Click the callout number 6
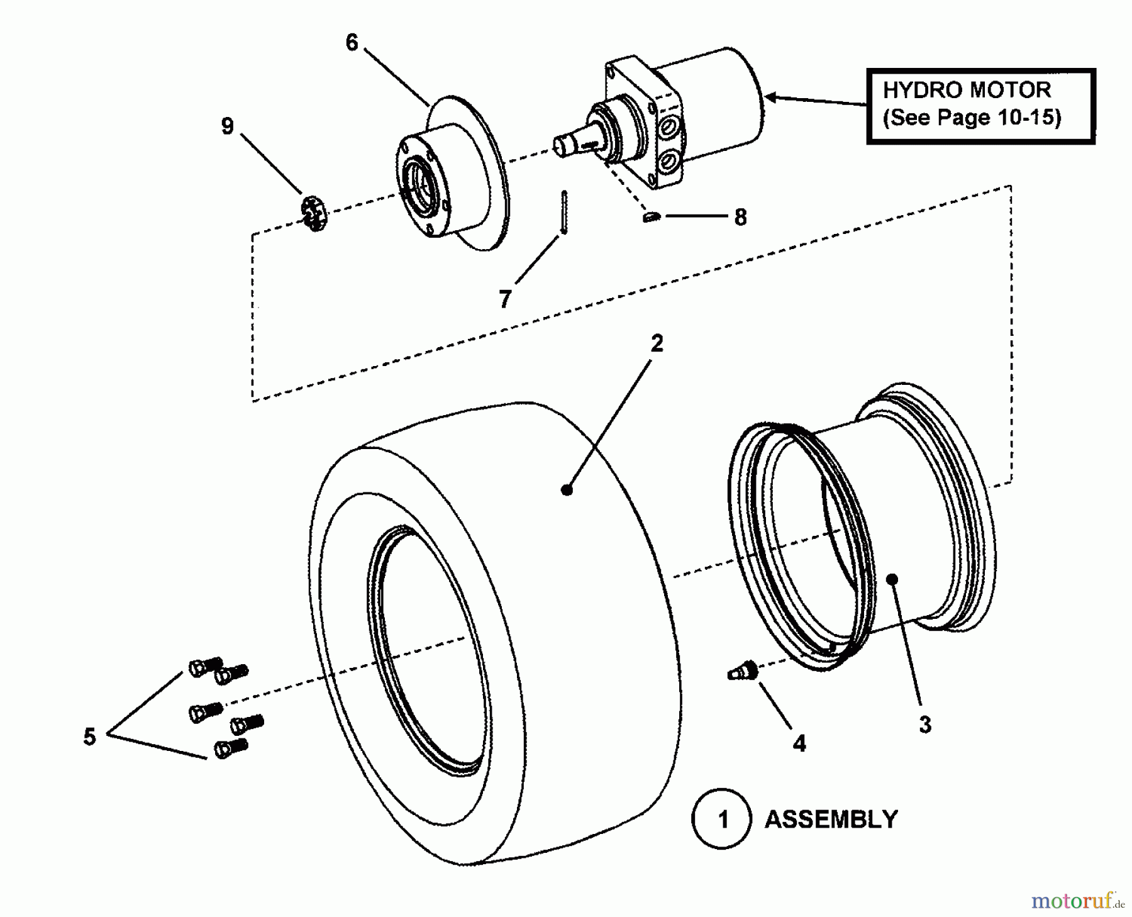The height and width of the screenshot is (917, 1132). pos(352,43)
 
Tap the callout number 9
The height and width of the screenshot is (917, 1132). pos(227,126)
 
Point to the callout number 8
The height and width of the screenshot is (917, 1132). pos(740,218)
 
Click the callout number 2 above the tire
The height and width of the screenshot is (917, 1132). pos(657,343)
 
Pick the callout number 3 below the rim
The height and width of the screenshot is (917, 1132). pos(924,725)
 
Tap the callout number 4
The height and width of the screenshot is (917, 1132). pos(799,743)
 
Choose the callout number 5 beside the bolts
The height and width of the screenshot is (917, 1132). pos(89,736)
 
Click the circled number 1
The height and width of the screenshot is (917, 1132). pos(722,819)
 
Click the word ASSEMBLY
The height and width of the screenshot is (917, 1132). pos(831,820)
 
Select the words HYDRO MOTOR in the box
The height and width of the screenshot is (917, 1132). pos(967,90)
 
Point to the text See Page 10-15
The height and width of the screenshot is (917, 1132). pos(972,118)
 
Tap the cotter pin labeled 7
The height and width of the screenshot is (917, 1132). pos(565,213)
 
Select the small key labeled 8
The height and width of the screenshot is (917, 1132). pos(652,218)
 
